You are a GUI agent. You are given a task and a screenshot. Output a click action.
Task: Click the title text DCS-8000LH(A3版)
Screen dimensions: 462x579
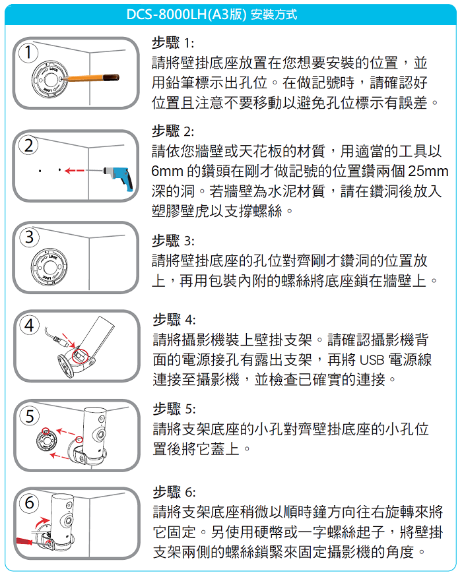coord(186,15)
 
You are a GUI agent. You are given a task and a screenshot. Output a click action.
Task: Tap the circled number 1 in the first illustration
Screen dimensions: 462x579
coord(28,53)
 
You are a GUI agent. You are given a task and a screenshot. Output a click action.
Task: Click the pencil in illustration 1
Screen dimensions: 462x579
coord(91,78)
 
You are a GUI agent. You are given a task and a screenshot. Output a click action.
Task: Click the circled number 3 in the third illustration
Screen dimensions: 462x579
coord(29,237)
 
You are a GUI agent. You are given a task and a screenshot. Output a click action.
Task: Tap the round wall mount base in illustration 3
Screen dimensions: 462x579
coord(49,266)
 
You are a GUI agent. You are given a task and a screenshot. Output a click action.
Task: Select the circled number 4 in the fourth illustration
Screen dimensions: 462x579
coord(29,325)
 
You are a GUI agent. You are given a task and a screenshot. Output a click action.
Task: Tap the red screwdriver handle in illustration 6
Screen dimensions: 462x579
coord(24,541)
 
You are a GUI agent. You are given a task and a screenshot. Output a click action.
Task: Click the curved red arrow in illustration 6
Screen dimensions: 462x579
coord(41,522)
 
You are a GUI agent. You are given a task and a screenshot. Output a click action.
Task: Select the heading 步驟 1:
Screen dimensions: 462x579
coord(173,43)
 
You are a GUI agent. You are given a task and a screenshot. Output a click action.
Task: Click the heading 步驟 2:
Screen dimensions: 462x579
coord(173,131)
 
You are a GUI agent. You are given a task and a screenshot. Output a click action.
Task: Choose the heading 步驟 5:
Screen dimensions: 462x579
coord(174,409)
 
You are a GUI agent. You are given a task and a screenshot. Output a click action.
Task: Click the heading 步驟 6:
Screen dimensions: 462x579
coord(174,492)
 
